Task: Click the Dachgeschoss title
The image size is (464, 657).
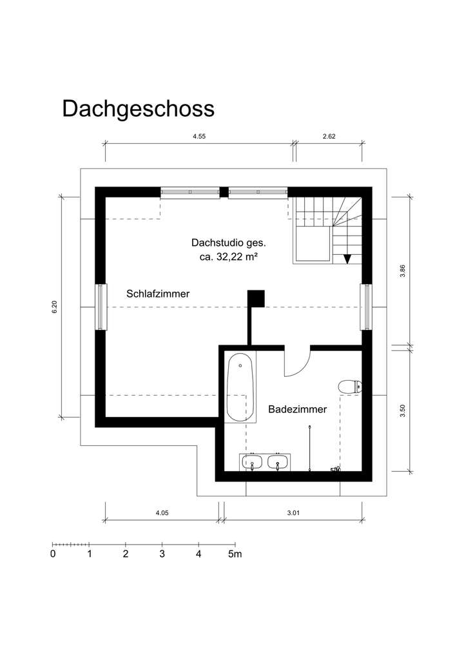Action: click(138, 108)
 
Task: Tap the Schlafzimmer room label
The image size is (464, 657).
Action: click(158, 294)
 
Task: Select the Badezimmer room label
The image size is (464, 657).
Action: click(298, 409)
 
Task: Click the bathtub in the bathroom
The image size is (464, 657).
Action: click(240, 388)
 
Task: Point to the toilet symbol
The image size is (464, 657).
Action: click(350, 387)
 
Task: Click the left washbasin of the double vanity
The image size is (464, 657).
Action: click(252, 462)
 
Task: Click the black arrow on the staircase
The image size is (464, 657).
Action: click(347, 258)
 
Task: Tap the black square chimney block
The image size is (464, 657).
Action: click(256, 298)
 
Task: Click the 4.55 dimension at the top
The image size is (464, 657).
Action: click(200, 137)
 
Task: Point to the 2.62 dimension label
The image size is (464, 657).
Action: click(329, 137)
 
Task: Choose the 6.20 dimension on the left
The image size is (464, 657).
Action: click(55, 307)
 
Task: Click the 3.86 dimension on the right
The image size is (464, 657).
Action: click(403, 272)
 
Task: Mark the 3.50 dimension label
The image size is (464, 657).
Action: click(403, 410)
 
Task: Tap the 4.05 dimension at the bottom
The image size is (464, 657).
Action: click(162, 514)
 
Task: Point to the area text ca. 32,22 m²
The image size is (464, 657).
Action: click(229, 257)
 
